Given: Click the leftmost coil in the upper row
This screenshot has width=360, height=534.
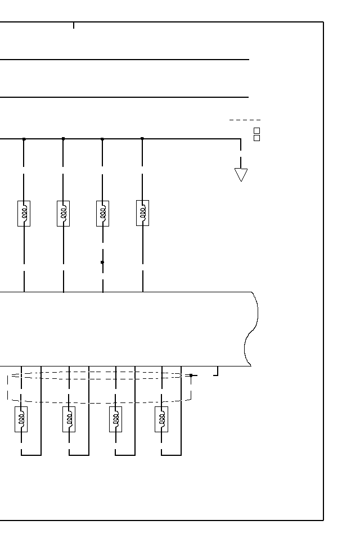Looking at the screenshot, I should point(24,214).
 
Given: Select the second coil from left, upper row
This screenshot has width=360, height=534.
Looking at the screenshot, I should point(64,214).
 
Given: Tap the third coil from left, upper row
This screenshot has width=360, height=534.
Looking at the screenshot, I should point(103,214).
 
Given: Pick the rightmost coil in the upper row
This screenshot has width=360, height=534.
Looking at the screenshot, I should point(143,214).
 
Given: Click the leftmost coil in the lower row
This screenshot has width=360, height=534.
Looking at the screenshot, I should point(21,419).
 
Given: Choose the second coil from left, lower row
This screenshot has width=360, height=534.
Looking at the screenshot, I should point(69,419).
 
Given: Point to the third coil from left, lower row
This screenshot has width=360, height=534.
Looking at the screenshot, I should point(116,419).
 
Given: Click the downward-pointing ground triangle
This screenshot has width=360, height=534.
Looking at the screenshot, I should point(241,175).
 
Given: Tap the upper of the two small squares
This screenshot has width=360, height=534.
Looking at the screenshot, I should point(257,130).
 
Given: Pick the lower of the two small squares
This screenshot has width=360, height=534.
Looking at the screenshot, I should point(257,138).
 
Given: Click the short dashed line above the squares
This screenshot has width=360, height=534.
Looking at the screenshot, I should point(245,120).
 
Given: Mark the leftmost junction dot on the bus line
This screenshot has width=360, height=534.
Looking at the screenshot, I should point(24,139).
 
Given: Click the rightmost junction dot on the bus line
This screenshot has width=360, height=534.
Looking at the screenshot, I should point(142,139).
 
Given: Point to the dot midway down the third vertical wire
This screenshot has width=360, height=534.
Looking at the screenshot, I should point(102,262).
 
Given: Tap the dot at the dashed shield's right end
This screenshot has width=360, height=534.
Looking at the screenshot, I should point(191,375).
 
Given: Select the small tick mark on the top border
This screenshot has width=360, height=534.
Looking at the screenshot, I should point(74,25).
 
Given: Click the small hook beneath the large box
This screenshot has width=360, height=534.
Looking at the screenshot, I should point(216,372).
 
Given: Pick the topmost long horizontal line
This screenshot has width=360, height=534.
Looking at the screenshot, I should point(124,60).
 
